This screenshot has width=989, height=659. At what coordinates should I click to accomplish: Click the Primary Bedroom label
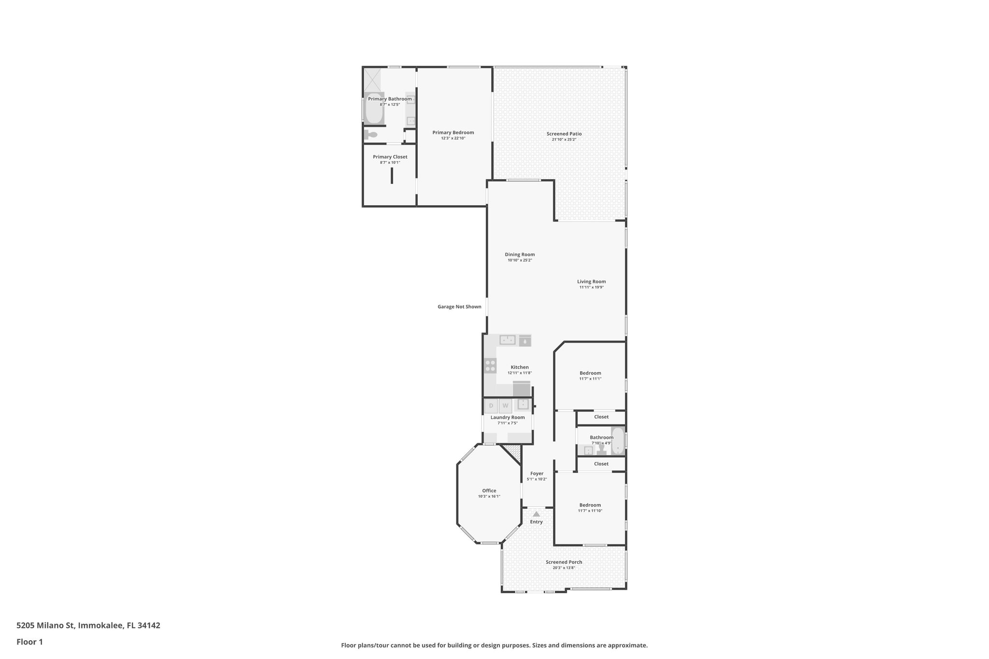click(453, 133)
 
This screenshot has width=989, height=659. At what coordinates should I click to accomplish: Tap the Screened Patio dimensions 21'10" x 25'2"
click(564, 140)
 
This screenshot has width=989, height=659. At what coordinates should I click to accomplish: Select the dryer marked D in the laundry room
click(491, 406)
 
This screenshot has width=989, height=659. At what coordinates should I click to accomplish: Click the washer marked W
click(505, 406)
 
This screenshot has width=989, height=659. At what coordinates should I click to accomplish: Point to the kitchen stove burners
click(490, 365)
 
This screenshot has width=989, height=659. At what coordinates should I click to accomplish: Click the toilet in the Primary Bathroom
click(371, 135)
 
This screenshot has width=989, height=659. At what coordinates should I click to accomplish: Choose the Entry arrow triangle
click(536, 514)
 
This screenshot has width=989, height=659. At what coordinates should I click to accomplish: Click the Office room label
click(489, 491)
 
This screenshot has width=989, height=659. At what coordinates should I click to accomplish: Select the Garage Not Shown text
click(459, 307)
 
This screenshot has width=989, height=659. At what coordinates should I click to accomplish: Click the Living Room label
click(591, 281)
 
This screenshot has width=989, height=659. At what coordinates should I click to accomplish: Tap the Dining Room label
click(520, 254)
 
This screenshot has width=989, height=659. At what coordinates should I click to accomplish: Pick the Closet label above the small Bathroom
click(601, 417)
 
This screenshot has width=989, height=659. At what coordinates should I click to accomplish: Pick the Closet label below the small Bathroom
click(601, 464)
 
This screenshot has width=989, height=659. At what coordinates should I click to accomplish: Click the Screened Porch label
click(564, 562)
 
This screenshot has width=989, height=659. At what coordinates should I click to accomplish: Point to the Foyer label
click(537, 474)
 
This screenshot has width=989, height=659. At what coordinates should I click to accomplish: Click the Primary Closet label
click(390, 157)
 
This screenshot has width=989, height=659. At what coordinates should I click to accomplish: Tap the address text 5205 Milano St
click(46, 626)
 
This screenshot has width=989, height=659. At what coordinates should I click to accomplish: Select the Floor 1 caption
click(29, 642)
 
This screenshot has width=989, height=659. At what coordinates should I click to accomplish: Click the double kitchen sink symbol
click(508, 340)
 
